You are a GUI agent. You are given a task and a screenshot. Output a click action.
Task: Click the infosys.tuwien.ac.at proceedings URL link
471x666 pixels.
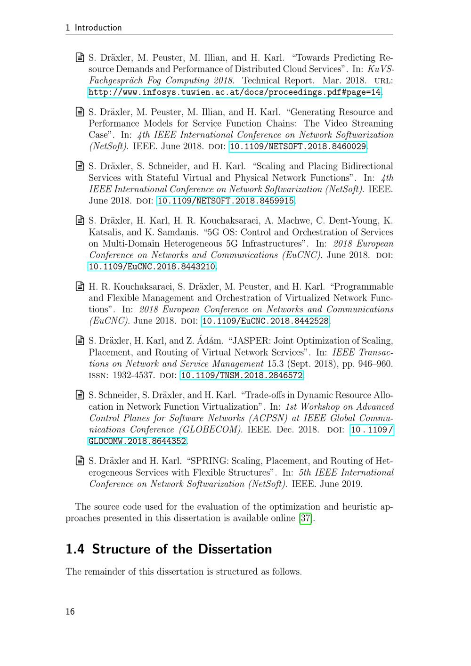click(x=235, y=92)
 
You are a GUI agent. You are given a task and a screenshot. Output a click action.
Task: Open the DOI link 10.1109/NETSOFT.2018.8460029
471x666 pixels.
click(x=298, y=146)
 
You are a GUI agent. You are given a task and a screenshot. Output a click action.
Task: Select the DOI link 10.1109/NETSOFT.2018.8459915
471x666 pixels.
click(x=226, y=201)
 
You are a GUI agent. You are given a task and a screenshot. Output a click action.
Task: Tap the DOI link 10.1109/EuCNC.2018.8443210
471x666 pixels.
click(x=152, y=267)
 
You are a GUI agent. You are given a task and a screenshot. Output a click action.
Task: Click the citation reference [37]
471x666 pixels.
click(x=306, y=519)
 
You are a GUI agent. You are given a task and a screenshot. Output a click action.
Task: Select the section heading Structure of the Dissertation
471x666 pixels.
click(x=182, y=549)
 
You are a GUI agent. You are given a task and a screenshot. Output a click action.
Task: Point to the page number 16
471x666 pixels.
click(x=70, y=612)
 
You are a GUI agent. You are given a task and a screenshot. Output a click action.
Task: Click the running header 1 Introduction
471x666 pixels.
click(x=94, y=28)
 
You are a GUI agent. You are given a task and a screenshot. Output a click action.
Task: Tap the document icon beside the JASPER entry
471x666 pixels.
click(x=80, y=341)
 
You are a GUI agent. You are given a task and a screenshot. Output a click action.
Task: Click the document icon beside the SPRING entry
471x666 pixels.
click(x=80, y=461)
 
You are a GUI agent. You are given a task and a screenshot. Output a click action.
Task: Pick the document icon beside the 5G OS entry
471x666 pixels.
click(x=80, y=220)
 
